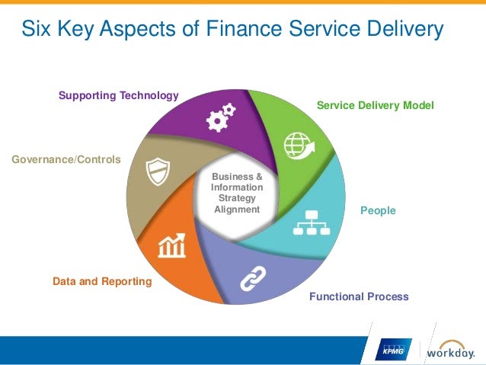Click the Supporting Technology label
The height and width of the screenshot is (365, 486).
tap(118, 95)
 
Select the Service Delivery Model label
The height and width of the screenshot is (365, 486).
tap(375, 105)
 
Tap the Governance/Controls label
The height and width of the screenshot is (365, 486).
tap(66, 159)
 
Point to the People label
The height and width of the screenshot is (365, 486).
tap(378, 210)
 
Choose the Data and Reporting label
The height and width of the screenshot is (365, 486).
tap(102, 281)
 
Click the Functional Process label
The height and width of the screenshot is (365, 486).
tap(359, 296)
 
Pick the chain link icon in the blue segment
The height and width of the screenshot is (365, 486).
tap(252, 279)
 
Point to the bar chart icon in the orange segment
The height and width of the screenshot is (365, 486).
tap(172, 245)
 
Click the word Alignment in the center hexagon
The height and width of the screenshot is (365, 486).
tap(236, 210)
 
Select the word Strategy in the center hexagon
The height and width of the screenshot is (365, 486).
tap(236, 199)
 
